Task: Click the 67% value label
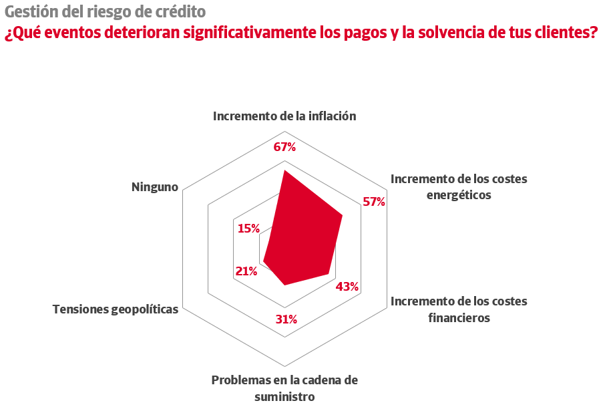[284, 147]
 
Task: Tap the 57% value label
[374, 202]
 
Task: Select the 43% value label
[347, 287]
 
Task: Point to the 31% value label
[286, 319]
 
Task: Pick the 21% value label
[246, 271]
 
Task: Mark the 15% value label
[248, 228]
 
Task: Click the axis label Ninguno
[155, 187]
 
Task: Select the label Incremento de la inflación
[284, 116]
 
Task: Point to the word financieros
[459, 317]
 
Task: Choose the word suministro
[284, 396]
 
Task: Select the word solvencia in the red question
[442, 33]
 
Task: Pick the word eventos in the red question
[71, 33]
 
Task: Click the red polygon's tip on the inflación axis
[284, 171]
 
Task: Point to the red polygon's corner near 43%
[329, 273]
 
